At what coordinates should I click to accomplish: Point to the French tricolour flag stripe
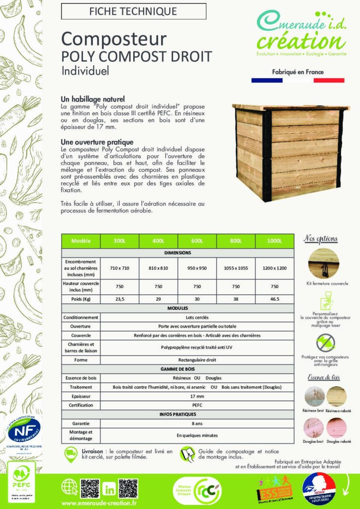[x=297, y=80]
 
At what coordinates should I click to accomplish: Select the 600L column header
[x=197, y=242]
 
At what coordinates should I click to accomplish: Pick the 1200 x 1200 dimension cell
[x=274, y=268]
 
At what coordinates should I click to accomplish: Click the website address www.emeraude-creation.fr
[x=99, y=503]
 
